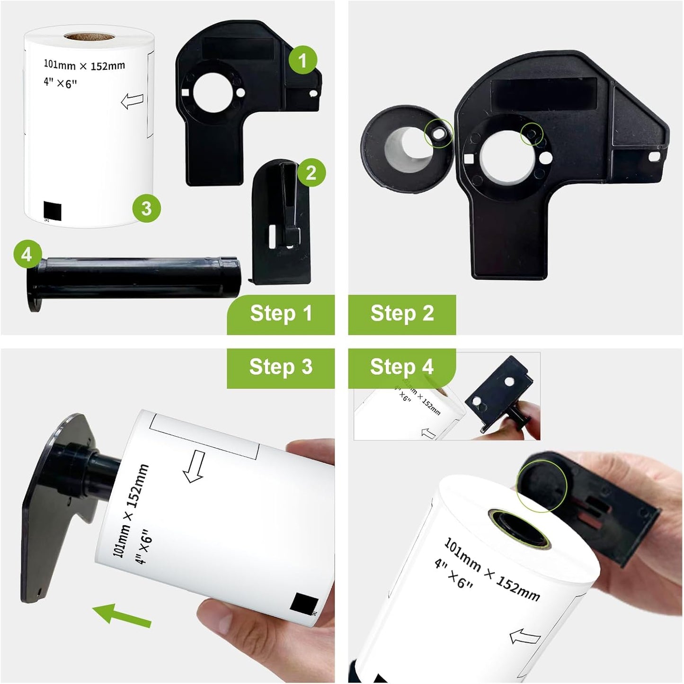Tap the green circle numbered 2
pyautogui.click(x=311, y=173)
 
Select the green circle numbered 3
pyautogui.click(x=146, y=208)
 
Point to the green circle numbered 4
pyautogui.click(x=27, y=255)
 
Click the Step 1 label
pyautogui.click(x=281, y=314)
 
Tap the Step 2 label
pyautogui.click(x=402, y=314)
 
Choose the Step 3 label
pyautogui.click(x=281, y=367)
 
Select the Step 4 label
pyautogui.click(x=402, y=367)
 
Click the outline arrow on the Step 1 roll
pyautogui.click(x=132, y=101)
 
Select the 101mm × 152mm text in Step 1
pyautogui.click(x=84, y=65)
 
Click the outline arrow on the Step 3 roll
pyautogui.click(x=195, y=466)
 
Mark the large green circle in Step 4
pyautogui.click(x=542, y=486)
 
